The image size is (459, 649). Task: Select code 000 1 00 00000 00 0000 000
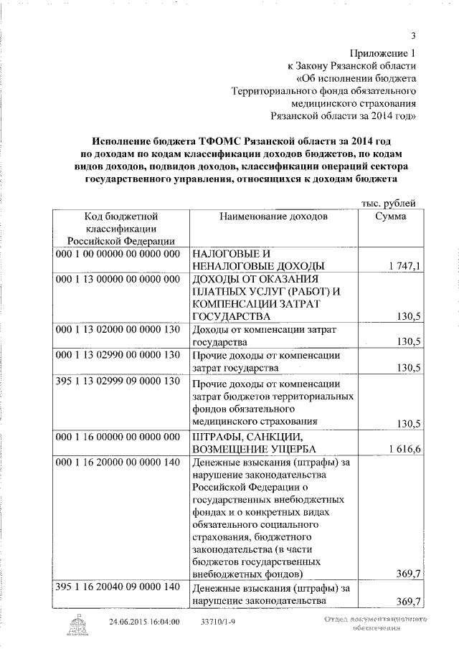(116, 254)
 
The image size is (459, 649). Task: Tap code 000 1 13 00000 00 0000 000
(116, 279)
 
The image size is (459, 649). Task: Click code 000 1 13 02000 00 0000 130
(116, 329)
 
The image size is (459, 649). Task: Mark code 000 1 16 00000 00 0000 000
(116, 437)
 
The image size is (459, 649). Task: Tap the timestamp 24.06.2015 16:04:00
(144, 621)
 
